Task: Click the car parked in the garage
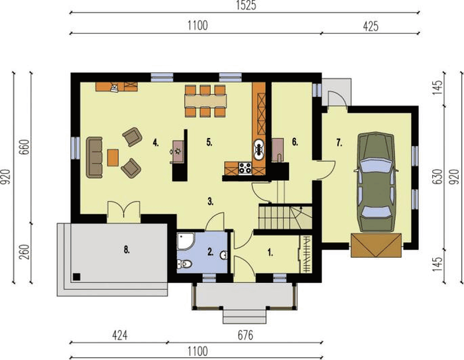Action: point(376,182)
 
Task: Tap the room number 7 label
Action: point(339,143)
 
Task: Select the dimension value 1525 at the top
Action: point(246,5)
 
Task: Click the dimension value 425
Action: point(371,27)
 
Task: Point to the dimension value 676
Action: point(246,335)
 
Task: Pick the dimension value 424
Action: point(120,335)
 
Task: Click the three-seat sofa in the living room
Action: point(94,157)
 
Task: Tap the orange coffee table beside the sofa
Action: point(113,158)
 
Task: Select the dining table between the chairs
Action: point(205,101)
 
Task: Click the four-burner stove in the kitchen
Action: point(245,168)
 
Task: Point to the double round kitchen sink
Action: point(259,150)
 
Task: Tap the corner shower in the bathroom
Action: point(185,241)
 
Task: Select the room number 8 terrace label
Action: point(127,250)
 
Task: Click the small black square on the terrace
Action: point(77,277)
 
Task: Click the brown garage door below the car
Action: point(376,245)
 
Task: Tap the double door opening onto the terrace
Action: point(124,211)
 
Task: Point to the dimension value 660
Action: point(25,147)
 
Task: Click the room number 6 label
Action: point(295,142)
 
